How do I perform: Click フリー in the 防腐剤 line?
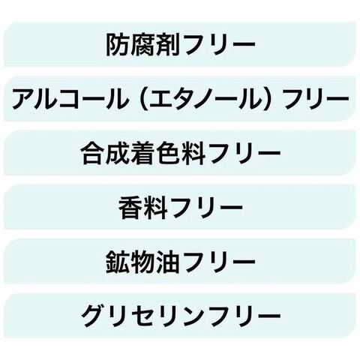(x=218, y=45)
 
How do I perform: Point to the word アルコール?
(x=70, y=99)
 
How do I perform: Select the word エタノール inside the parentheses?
(x=205, y=99)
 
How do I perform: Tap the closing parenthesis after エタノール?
(x=266, y=99)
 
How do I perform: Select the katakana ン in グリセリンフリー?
(x=191, y=316)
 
